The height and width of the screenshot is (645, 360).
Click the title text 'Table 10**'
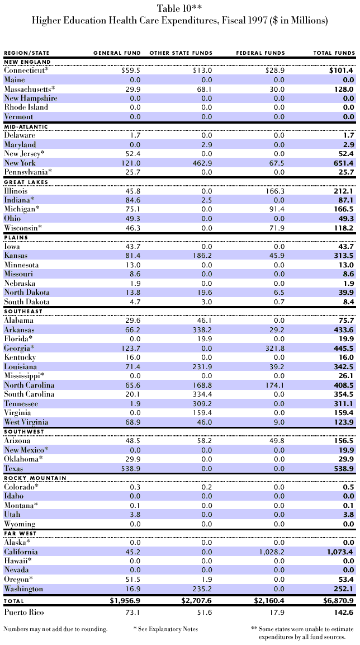(x=179, y=7)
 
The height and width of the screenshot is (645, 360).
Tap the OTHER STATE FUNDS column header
(x=181, y=53)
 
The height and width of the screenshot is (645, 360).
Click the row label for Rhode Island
(x=26, y=107)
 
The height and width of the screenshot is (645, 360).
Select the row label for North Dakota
(x=27, y=292)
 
